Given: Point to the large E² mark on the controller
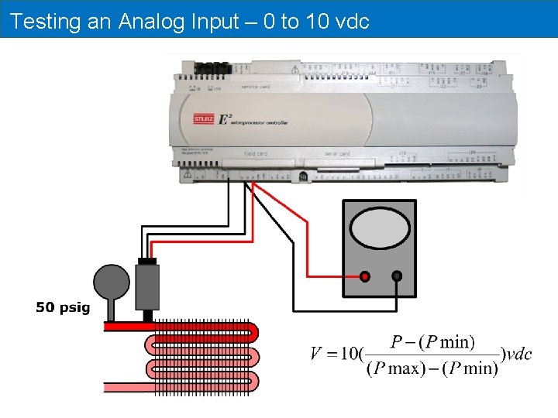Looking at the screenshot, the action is point(225,118).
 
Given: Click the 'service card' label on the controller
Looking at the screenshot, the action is point(256,87).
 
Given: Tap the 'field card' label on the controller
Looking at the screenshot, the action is point(256,153).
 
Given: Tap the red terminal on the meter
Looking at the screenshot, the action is point(365,276).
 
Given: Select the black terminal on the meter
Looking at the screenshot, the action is point(397,276).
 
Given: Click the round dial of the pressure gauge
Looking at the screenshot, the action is point(112,282).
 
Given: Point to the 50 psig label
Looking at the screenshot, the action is point(63,308).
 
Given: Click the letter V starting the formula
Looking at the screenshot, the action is point(317,355).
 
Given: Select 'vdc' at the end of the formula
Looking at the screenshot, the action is point(518,355).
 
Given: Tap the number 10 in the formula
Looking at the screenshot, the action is point(345,355).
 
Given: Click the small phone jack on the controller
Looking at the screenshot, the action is point(303,176).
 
